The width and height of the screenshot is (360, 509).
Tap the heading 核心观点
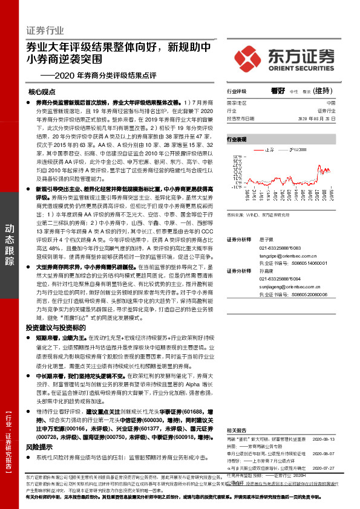[x=42, y=92]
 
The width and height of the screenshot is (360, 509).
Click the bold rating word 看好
[x=278, y=91]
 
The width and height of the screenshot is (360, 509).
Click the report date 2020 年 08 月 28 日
[x=321, y=118]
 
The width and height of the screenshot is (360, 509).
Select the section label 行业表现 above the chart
[x=237, y=139]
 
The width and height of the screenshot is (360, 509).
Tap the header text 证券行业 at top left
[x=45, y=30]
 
